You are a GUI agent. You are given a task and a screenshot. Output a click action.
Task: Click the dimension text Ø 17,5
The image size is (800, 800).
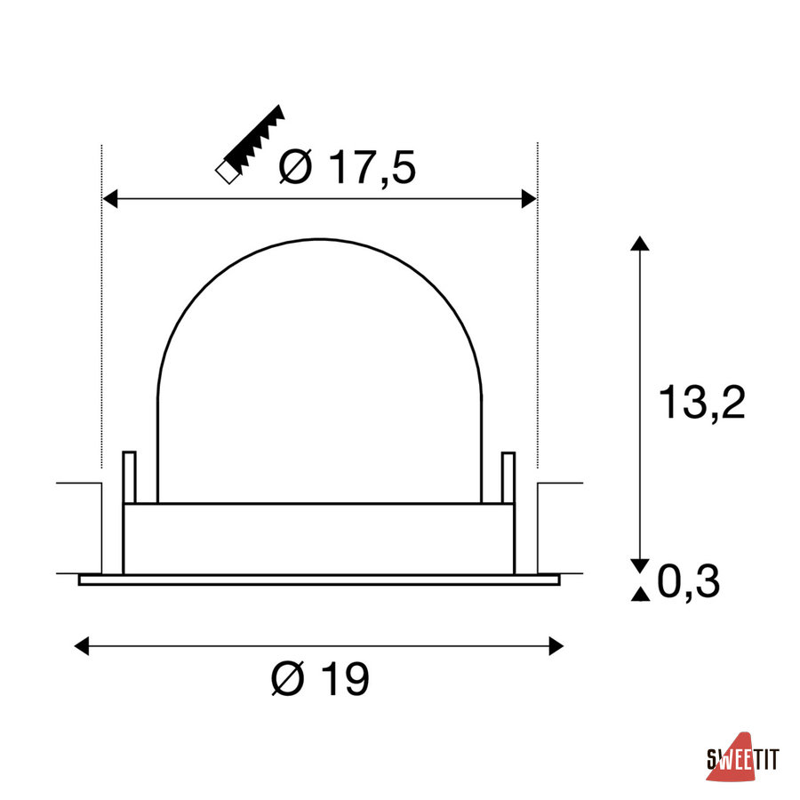coord(348,167)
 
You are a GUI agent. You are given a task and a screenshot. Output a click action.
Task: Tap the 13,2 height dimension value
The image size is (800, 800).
coord(702,402)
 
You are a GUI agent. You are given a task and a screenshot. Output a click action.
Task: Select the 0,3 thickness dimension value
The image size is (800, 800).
coord(688,581)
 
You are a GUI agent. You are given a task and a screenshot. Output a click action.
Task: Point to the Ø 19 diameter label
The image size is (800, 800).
coord(320,678)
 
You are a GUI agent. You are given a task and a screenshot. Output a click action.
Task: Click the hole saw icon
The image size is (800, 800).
coord(250,144)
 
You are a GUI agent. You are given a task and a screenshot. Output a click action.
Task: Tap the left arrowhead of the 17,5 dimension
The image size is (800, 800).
coord(109,198)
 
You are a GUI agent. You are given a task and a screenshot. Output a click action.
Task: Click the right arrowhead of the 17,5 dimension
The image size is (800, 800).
coord(529,198)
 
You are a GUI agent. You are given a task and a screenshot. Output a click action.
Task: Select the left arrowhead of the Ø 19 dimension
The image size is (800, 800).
coord(82,646)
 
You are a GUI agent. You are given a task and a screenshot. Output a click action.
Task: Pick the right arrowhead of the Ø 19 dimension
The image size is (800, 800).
coord(556,646)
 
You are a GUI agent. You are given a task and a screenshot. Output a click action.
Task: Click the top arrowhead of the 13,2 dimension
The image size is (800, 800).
coord(640,244)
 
